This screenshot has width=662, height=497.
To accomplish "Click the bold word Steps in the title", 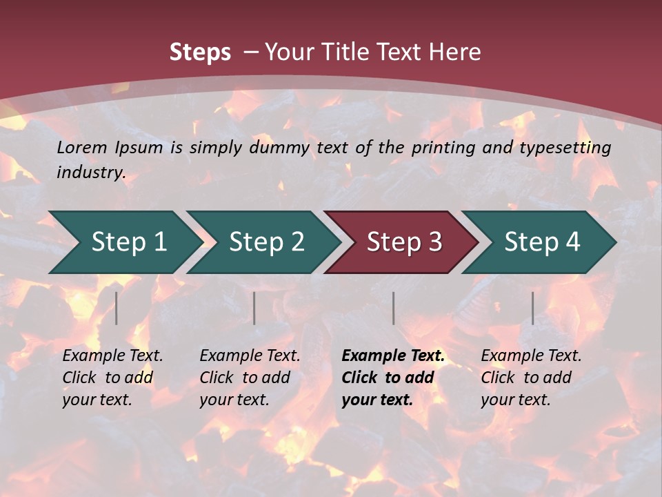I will point(200,52).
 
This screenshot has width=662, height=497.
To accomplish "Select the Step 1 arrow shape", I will point(124,242).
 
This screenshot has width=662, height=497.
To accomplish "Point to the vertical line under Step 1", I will point(117,308).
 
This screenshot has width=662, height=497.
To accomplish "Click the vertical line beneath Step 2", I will point(254,308).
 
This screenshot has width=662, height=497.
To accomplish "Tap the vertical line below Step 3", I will point(394,308).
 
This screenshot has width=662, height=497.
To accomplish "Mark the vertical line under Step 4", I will point(532,308).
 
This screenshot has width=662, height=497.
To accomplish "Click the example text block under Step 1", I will point(112,378).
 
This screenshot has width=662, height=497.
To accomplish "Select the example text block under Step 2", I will point(250,378).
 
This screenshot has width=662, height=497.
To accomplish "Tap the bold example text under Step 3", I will point(393,378).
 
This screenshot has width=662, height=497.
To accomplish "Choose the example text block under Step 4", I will point(531,378).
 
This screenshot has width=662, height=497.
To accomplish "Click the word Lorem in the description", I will point(82,148).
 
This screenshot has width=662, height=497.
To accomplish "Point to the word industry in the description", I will point(91,173).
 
